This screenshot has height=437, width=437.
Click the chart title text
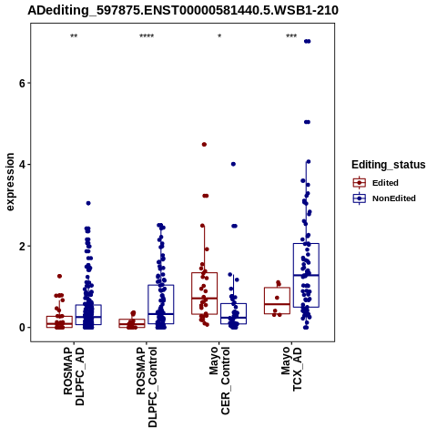coord(183,10)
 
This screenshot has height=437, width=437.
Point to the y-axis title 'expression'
coord(10,182)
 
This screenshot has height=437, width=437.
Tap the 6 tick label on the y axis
coord(22,83)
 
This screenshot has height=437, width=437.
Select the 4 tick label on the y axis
coord(22,165)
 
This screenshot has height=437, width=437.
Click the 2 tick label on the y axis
coord(22,246)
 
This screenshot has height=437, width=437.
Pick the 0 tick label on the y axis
coord(22,328)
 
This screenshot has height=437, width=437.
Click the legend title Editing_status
coord(389,165)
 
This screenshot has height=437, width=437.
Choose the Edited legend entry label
coord(385,183)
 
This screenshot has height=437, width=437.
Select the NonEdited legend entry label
coord(394,198)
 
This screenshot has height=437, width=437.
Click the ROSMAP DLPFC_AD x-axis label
coord(74,377)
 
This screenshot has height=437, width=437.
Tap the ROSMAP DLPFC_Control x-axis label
coord(147,387)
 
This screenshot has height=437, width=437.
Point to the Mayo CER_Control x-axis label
coord(219,381)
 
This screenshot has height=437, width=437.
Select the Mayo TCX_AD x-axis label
coord(292,370)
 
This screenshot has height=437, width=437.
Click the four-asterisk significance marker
coord(147,36)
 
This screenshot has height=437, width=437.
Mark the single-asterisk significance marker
coord(219,36)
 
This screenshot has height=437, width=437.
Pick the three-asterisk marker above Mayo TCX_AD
coord(291,36)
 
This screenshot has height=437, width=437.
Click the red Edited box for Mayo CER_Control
coord(204,273)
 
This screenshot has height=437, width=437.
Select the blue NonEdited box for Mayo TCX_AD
coord(306,244)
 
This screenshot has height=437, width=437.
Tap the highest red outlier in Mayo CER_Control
coord(204,145)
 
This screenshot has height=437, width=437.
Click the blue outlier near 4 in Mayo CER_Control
coord(233,164)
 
